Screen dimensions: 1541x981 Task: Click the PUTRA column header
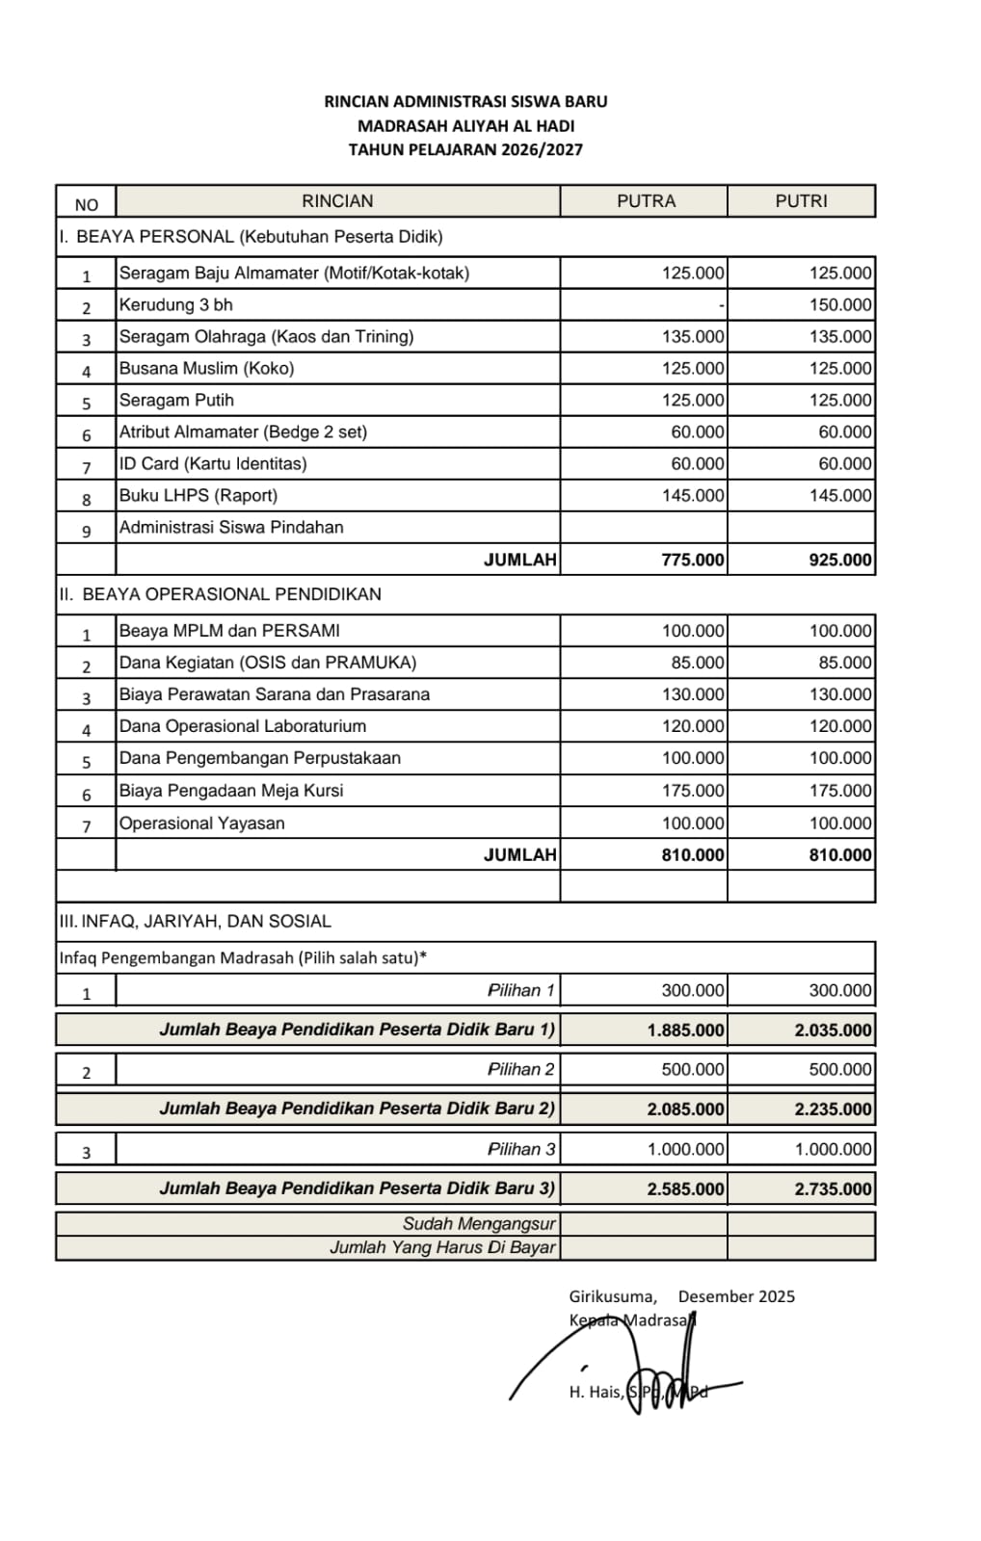646,201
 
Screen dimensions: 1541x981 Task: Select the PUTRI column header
801,201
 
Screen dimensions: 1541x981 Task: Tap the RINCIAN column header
337,201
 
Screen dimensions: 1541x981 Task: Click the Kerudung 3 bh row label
176,305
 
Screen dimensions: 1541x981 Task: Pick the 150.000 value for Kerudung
840,305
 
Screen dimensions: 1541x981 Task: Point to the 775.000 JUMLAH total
692,560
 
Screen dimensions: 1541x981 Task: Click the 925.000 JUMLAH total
840,560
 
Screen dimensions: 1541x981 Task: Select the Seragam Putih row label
176,401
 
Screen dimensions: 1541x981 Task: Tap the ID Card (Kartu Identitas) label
213,464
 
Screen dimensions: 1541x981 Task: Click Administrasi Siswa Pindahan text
231,528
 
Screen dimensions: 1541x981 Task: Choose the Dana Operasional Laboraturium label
243,726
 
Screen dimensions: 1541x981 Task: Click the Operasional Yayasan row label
202,823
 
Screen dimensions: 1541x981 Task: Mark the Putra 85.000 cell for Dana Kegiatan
698,663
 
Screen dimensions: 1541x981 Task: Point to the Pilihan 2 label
521,1069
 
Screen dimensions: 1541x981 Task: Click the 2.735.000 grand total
833,1188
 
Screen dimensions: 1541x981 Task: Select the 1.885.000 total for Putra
685,1030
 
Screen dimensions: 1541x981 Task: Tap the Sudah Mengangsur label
479,1224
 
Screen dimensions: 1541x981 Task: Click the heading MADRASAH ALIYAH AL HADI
465,125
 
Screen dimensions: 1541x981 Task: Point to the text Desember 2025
736,1296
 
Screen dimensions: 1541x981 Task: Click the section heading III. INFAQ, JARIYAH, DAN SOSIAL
196,921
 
